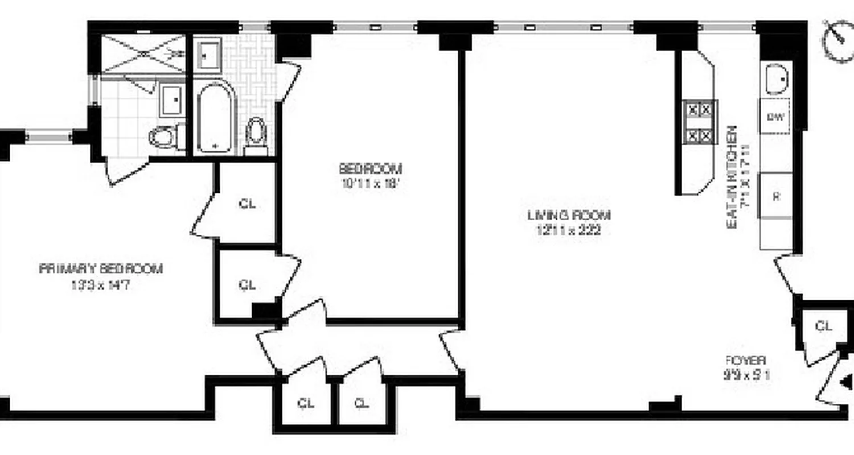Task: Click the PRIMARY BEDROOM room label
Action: point(101,268)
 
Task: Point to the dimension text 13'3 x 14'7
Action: point(101,286)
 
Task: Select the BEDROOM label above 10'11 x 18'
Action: point(371,169)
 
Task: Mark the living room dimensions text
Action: point(568,230)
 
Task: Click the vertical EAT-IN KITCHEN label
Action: point(733,177)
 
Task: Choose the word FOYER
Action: point(746,360)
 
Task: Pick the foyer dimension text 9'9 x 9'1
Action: point(746,375)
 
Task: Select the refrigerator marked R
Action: point(775,196)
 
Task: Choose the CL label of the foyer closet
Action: point(823,326)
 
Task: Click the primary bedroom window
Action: point(49,137)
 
